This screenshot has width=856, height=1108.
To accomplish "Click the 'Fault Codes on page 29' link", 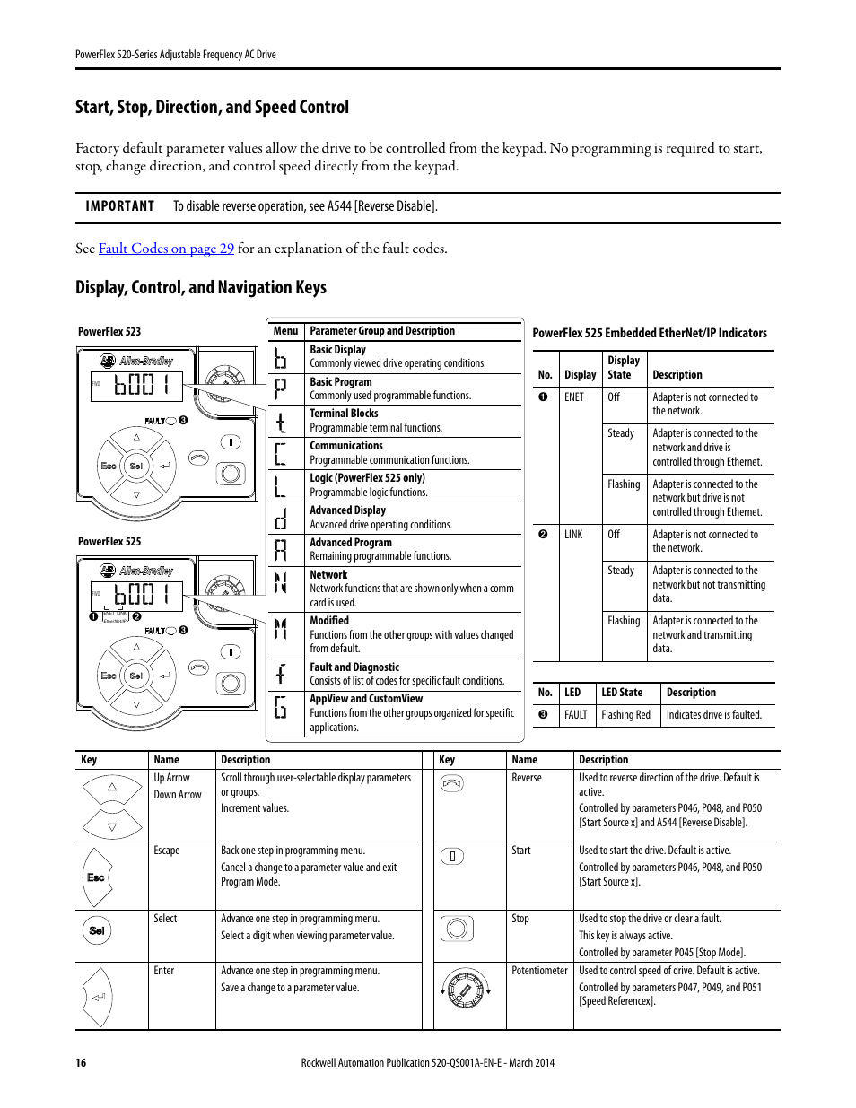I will (x=166, y=249).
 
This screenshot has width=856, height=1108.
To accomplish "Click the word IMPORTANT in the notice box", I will (x=119, y=206).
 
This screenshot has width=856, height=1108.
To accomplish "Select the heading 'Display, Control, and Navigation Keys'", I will (x=200, y=287).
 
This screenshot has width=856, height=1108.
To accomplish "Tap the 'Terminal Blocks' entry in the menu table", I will (x=344, y=414).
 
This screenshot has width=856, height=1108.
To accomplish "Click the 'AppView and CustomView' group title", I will (x=366, y=699).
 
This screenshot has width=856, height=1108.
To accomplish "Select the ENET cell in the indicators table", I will (x=573, y=397).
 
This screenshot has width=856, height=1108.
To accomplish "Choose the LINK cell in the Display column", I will (x=573, y=535).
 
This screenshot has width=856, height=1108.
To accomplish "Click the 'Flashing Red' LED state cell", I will (x=625, y=715).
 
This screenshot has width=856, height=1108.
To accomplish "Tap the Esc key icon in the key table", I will (x=96, y=877).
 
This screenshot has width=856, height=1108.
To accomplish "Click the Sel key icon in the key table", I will (x=97, y=930).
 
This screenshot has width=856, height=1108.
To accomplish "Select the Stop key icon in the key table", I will (x=457, y=928).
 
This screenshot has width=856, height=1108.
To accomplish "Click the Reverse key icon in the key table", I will (x=452, y=783).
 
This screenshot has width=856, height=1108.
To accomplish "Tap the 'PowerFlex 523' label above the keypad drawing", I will (x=109, y=332).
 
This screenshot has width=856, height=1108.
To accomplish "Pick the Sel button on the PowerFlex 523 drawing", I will (x=136, y=466).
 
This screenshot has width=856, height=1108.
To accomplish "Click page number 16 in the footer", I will (x=81, y=1062).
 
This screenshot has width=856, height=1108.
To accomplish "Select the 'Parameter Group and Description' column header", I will (x=382, y=331).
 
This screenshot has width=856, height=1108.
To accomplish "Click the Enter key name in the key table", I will (x=164, y=971).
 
